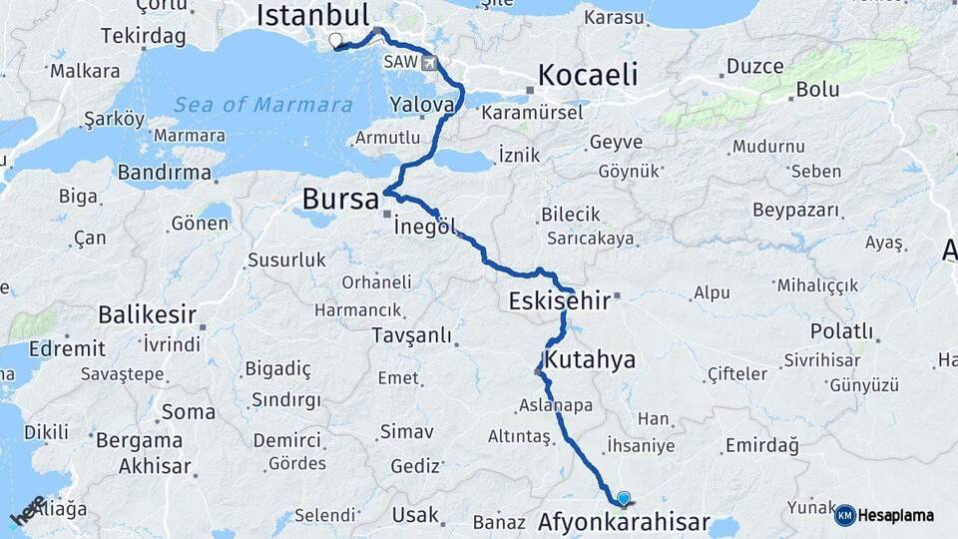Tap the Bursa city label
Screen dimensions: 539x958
pos(339,199)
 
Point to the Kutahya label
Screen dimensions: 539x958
pos(591,359)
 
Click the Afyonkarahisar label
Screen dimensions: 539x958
pos(624,521)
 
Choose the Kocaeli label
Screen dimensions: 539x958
pos(587,75)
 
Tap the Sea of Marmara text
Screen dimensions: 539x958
pos(263,105)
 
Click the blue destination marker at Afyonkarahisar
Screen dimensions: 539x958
pos(624,498)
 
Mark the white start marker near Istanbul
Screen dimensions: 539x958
pos(335,41)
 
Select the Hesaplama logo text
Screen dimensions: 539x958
pos(896,516)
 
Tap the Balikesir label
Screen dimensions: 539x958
pos(147,314)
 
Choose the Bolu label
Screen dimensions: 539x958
pos(816,90)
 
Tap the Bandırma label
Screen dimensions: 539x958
pos(165,173)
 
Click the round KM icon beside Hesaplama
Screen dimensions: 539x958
pos(844,515)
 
